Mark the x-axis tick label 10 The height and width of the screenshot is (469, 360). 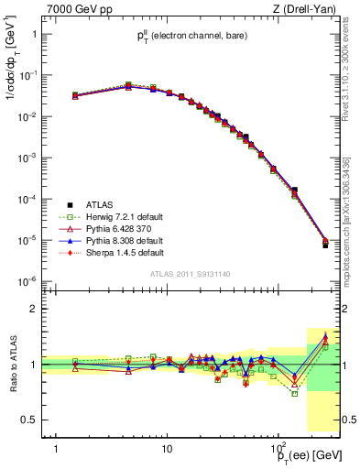[167, 448]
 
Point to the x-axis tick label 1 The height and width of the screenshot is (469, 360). [57, 448]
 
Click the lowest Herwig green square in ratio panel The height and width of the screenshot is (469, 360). [295, 393]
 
